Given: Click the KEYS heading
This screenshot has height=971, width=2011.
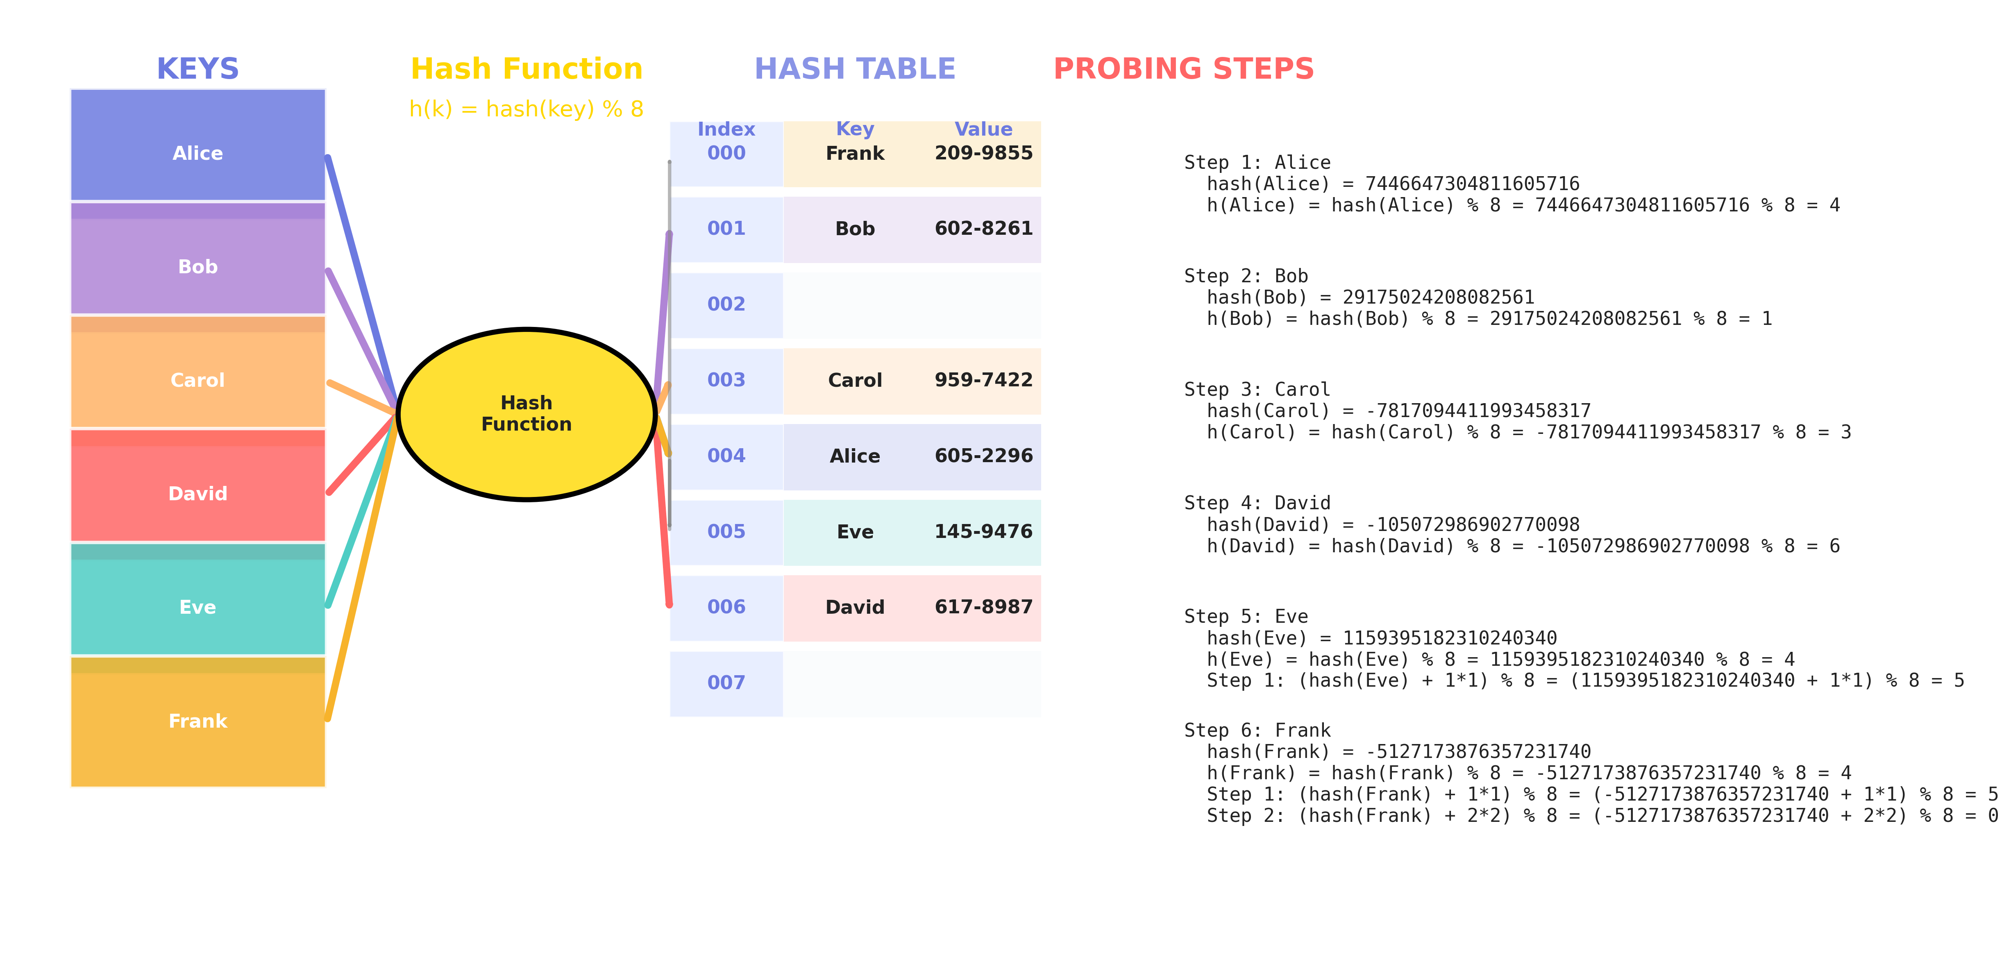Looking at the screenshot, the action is coord(197,69).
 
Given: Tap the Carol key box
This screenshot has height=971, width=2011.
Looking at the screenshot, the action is coord(197,372).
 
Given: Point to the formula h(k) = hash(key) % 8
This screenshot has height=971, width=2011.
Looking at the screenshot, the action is coord(526,109).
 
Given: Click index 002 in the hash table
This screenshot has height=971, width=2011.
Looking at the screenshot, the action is coord(726,304).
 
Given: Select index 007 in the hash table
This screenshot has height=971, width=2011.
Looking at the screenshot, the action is coord(726,683).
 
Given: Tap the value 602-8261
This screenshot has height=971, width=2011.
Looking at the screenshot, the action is coord(984,229).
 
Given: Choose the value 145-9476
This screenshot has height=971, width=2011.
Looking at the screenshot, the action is coord(984,531).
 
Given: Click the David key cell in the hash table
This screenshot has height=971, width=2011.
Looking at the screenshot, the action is coord(855,607).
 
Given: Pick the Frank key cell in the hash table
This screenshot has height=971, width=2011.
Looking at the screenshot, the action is coord(855,153).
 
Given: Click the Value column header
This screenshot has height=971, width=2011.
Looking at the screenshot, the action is coord(984,129).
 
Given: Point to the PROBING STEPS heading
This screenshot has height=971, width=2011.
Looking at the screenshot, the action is coord(1183,69).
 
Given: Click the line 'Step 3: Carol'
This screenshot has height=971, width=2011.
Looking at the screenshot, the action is coord(1257,390).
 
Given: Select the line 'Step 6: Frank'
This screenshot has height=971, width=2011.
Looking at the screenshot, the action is coord(1257,731).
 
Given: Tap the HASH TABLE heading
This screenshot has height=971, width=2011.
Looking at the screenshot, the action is coord(855,69).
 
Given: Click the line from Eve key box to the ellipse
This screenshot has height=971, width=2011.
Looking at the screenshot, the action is coord(362,510).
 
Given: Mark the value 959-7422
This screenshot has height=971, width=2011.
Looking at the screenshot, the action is coord(984,380).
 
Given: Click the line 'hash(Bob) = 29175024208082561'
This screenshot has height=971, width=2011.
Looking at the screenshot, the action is coord(1370,297).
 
